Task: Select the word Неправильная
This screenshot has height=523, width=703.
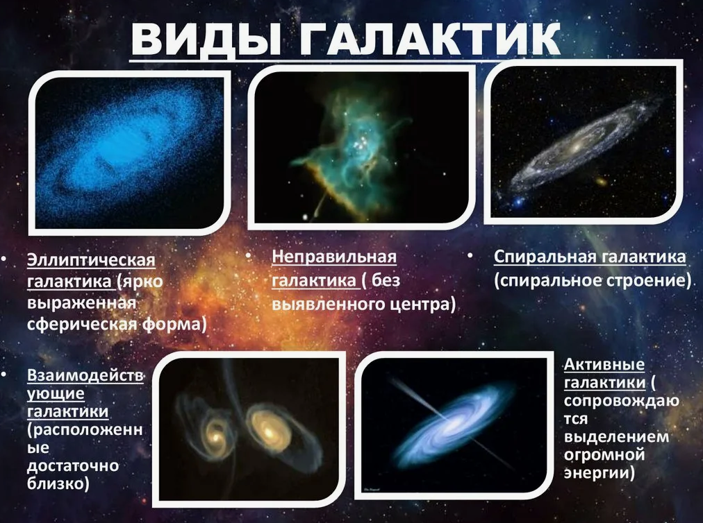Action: [333, 257]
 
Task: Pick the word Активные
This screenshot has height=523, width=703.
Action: [604, 365]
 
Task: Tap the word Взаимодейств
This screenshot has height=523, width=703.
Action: [85, 376]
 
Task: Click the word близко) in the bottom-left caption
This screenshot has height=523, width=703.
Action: [59, 483]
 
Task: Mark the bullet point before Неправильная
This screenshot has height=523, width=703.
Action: [248, 257]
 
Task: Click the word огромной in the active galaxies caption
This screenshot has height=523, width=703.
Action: [604, 456]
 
